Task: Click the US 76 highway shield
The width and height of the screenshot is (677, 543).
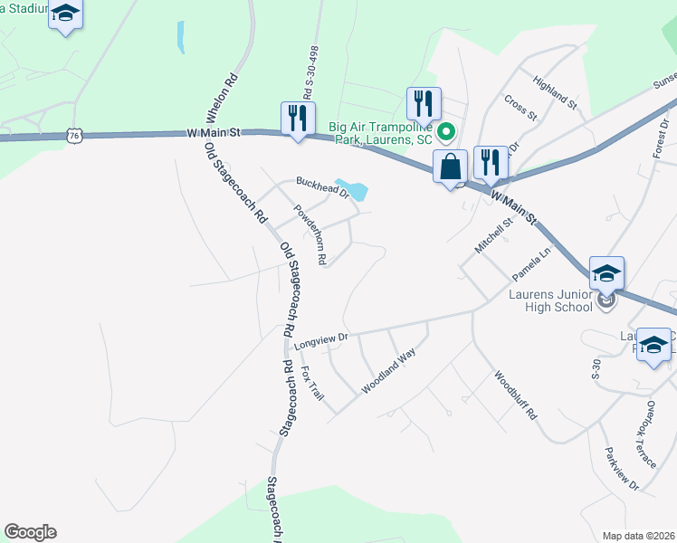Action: [x=74, y=136]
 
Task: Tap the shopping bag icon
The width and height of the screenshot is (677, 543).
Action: [x=450, y=167]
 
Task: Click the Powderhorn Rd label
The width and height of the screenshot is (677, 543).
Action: [x=310, y=233]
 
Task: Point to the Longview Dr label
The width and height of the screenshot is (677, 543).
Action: [x=321, y=340]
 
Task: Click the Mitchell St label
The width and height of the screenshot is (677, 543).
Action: [x=493, y=234]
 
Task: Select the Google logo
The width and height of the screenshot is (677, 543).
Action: [x=30, y=532]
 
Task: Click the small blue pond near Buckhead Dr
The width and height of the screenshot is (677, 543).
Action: [x=354, y=191]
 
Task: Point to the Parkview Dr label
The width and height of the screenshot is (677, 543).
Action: [x=620, y=468]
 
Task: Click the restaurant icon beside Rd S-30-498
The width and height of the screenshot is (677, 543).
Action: [x=298, y=118]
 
